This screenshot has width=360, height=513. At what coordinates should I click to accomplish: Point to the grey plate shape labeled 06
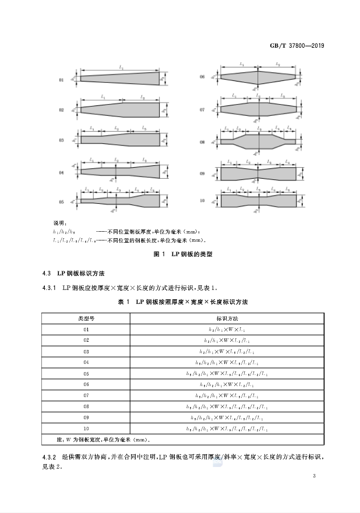pyautogui.click(x=257, y=77)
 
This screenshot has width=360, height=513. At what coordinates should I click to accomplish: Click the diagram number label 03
pyautogui.click(x=61, y=140)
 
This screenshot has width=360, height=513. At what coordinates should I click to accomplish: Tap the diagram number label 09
pyautogui.click(x=202, y=174)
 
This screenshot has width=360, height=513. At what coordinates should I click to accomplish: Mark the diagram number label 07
pyautogui.click(x=202, y=109)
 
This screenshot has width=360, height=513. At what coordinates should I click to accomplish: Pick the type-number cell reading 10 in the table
pyautogui.click(x=86, y=429)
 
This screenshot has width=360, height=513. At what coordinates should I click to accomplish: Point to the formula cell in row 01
pyautogui.click(x=228, y=330)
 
